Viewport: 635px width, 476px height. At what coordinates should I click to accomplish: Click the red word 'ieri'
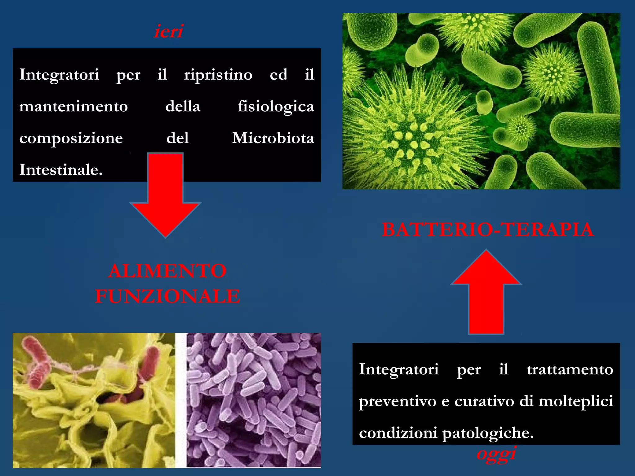click(x=168, y=31)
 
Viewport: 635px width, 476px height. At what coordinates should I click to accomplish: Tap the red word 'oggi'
click(x=496, y=454)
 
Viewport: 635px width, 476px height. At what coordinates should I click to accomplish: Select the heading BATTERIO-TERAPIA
click(x=487, y=230)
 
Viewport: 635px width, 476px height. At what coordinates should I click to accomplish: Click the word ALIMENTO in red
click(x=167, y=271)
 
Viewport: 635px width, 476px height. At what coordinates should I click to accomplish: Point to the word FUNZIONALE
click(x=167, y=296)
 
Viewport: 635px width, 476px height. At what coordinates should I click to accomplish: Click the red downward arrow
click(x=166, y=198)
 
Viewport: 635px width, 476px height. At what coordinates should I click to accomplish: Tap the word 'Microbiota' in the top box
click(x=273, y=138)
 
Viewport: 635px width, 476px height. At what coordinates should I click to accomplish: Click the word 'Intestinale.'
click(x=61, y=170)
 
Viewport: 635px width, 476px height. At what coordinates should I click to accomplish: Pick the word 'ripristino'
click(x=218, y=75)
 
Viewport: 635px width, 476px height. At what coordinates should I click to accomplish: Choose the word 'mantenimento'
click(x=73, y=106)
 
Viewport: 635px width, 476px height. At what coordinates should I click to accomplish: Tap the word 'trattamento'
click(x=570, y=369)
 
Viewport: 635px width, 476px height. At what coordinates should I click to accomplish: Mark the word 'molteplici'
click(x=576, y=401)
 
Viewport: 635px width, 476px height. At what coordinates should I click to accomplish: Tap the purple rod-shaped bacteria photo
click(x=254, y=400)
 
